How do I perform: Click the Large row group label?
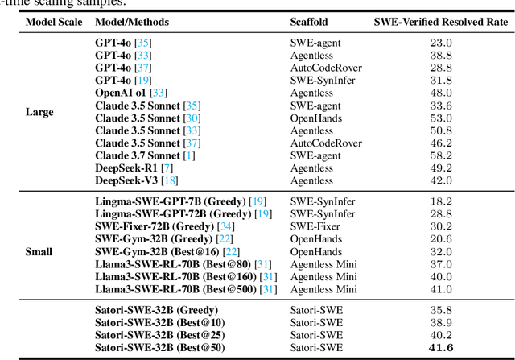tap(39, 112)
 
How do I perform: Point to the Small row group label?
tap(39, 252)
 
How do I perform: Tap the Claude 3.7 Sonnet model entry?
tap(137, 155)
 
